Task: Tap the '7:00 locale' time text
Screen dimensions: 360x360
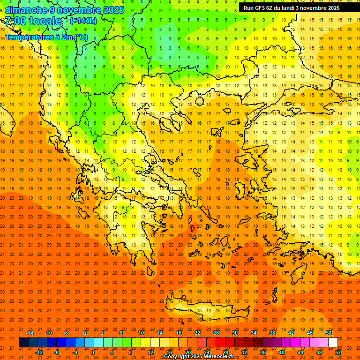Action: [x=33, y=21]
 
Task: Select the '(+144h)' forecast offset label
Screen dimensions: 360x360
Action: [x=83, y=21]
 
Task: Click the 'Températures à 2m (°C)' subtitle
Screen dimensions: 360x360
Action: [x=46, y=37]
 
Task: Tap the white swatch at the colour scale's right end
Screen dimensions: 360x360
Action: [x=333, y=343]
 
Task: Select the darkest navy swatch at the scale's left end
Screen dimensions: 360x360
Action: [x=23, y=343]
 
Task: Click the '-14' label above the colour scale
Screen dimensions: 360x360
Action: [x=29, y=333]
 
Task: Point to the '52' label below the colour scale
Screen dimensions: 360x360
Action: [x=338, y=352]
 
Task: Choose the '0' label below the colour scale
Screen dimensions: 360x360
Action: [x=93, y=352]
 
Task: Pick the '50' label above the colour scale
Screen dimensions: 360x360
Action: [x=328, y=333]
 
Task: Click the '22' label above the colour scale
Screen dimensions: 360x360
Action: [x=197, y=333]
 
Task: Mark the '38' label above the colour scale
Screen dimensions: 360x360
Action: [x=272, y=333]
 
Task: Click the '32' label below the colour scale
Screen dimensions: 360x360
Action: [x=244, y=352]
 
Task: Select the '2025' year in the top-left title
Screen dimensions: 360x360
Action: [x=113, y=10]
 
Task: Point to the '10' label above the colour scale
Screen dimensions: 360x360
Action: [x=141, y=333]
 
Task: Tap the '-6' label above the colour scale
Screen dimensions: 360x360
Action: [x=66, y=333]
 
